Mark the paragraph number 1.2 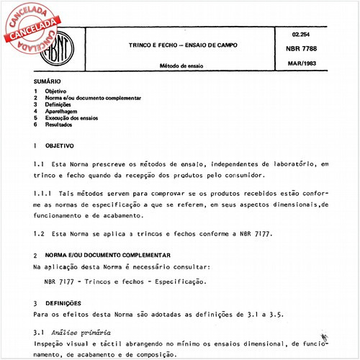[39, 235]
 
